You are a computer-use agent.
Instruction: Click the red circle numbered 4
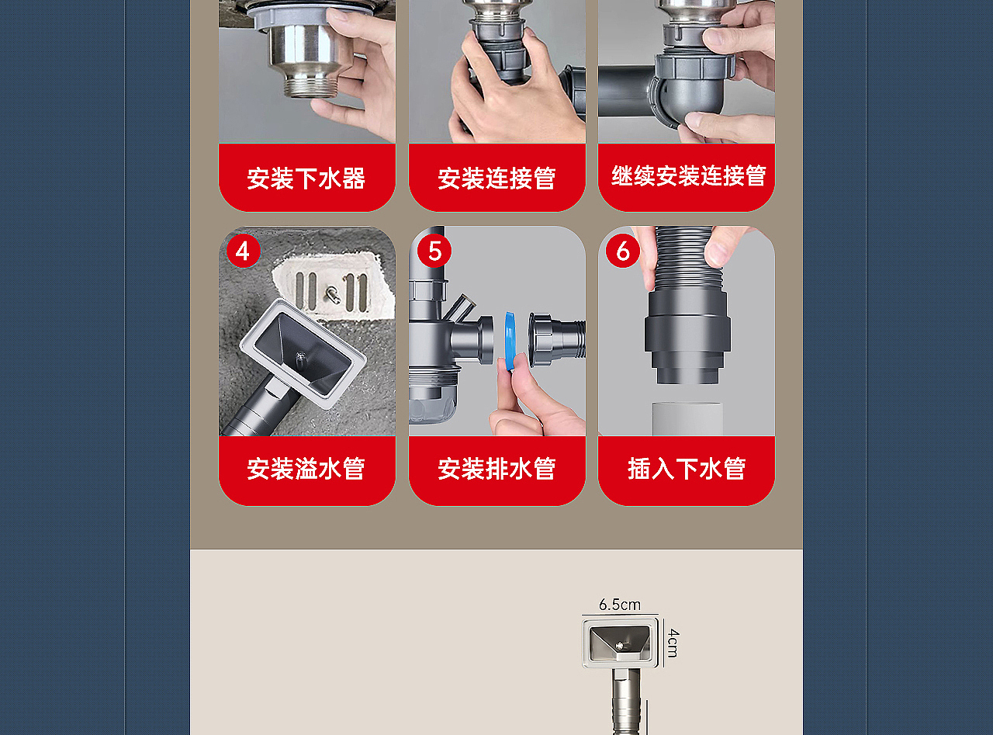tap(243, 251)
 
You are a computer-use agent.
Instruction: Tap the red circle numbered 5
tap(434, 251)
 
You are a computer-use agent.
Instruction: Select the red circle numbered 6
tap(622, 251)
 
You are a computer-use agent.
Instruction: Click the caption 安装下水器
tap(306, 179)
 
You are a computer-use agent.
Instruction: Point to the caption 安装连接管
tap(496, 179)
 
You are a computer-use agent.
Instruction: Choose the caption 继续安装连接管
tap(688, 176)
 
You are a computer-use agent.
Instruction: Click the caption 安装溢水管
tap(306, 469)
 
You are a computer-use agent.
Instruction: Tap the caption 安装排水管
tap(496, 469)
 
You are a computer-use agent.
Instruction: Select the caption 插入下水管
tap(687, 469)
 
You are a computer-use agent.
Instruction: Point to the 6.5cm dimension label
tap(620, 605)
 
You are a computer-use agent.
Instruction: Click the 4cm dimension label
tap(673, 643)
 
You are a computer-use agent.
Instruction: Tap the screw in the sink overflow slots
tap(331, 294)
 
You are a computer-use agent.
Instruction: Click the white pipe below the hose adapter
tap(687, 418)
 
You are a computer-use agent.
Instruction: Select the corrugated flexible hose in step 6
tap(683, 256)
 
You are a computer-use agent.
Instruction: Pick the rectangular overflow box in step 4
tap(303, 353)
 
